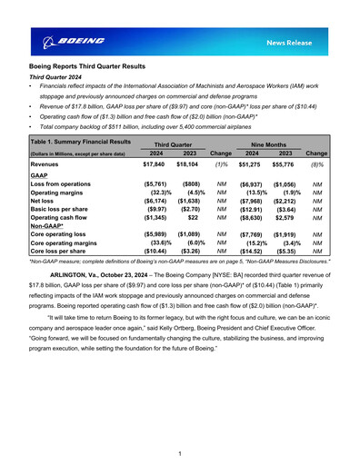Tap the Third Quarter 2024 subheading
[61, 79]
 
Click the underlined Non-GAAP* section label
[47, 228]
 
